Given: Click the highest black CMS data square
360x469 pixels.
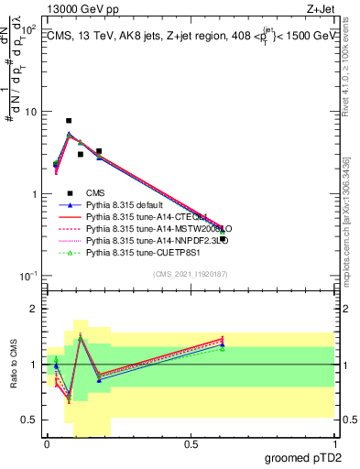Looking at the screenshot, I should point(69,121).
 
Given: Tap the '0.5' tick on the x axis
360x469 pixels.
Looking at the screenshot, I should point(191,443).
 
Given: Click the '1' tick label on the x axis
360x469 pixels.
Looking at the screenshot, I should point(334,443).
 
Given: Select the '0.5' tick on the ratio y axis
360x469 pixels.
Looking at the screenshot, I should point(29,420).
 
